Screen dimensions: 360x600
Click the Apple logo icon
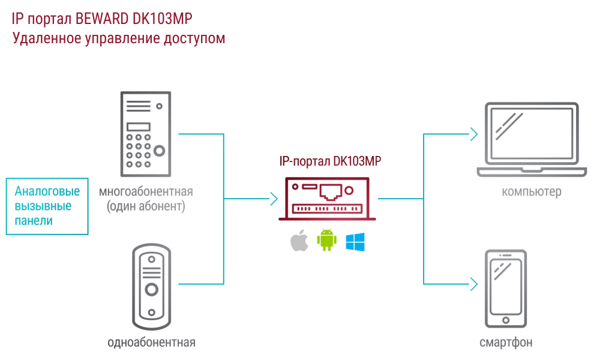(299, 241)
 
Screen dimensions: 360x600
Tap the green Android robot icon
(326, 240)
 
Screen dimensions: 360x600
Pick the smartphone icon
(506, 289)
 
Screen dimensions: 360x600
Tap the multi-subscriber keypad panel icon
(145, 133)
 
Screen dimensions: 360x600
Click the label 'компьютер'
(532, 193)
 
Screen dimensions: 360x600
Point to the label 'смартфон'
(506, 343)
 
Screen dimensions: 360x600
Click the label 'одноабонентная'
(151, 343)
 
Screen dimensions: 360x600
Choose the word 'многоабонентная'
(146, 192)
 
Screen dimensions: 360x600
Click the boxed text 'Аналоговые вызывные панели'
(47, 206)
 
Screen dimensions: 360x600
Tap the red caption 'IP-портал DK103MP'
(331, 161)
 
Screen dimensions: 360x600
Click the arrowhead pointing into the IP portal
(274, 199)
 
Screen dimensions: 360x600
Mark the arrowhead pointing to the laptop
(474, 134)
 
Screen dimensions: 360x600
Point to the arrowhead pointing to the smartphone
(474, 284)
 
